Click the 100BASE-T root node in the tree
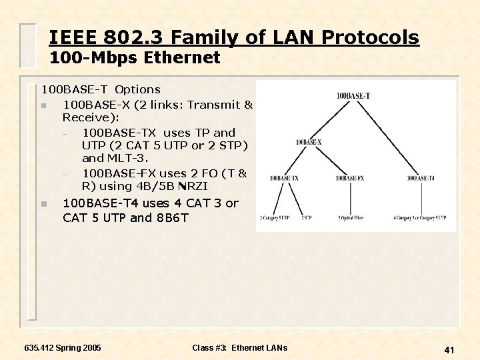click(353, 95)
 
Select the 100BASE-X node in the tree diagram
click(308, 142)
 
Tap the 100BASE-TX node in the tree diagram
click(284, 178)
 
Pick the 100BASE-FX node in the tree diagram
click(350, 178)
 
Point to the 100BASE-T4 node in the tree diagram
click(421, 178)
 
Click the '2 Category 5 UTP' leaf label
click(275, 217)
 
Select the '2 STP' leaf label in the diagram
click(306, 217)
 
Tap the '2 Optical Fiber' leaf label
click(350, 217)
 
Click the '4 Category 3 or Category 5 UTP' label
click(419, 217)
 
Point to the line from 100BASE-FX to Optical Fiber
click(350, 198)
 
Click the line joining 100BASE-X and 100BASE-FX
click(330, 161)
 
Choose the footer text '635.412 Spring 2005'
click(62, 348)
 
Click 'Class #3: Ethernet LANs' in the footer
click(239, 348)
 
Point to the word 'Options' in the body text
click(137, 89)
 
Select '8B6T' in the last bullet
click(176, 218)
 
